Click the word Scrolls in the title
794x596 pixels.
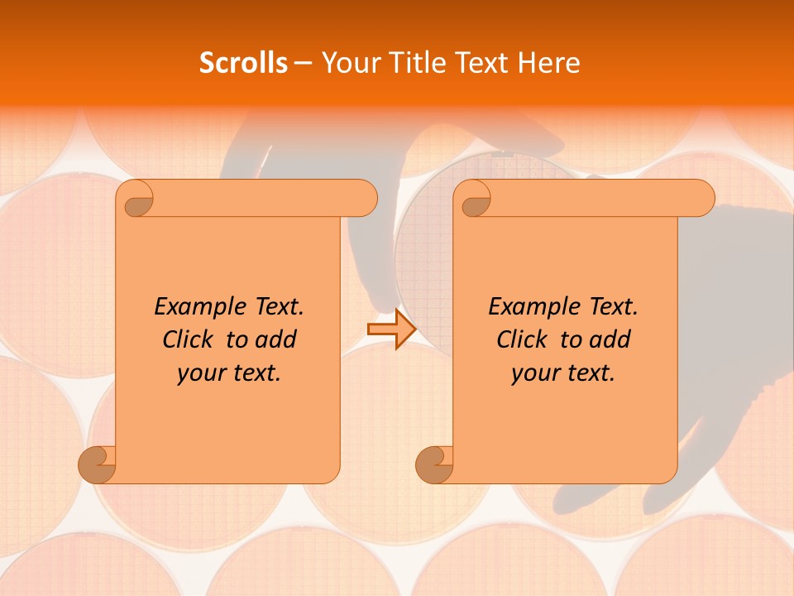click(x=243, y=62)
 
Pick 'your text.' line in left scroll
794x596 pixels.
click(x=229, y=373)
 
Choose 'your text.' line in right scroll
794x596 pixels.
click(x=563, y=373)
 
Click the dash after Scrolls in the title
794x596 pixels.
click(x=304, y=63)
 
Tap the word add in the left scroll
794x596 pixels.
click(x=275, y=339)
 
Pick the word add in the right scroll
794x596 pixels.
click(x=610, y=339)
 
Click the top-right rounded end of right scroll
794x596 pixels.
click(x=701, y=198)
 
